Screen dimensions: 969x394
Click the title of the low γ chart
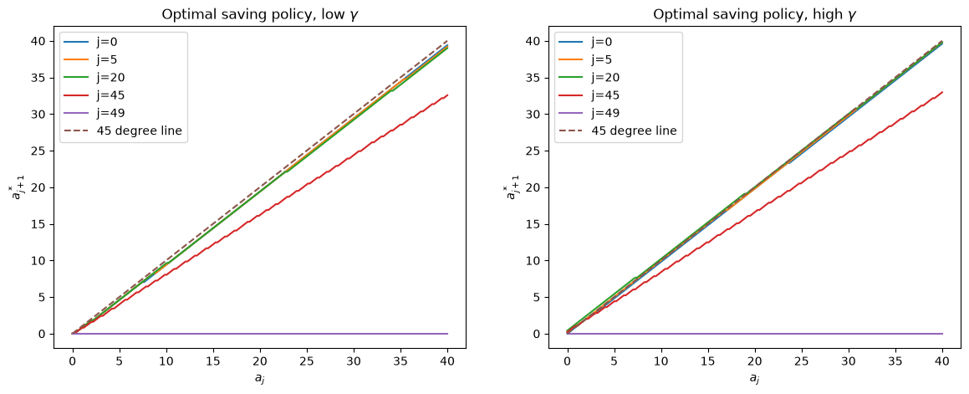tap(260, 15)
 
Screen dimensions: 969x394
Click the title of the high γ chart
tap(755, 15)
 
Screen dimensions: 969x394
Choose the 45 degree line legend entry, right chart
tap(619, 131)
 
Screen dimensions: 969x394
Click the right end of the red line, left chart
tap(447, 95)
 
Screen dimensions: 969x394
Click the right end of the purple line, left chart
tap(447, 334)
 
